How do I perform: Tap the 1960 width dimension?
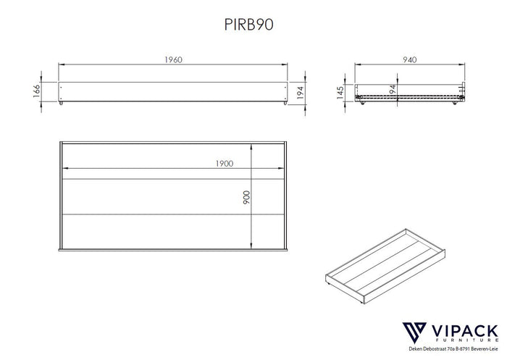[172, 60]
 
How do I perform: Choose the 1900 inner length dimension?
[224, 164]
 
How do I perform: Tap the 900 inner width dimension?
[247, 196]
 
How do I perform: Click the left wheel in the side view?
[360, 104]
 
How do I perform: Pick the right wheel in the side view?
[455, 104]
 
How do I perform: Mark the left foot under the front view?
[63, 104]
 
